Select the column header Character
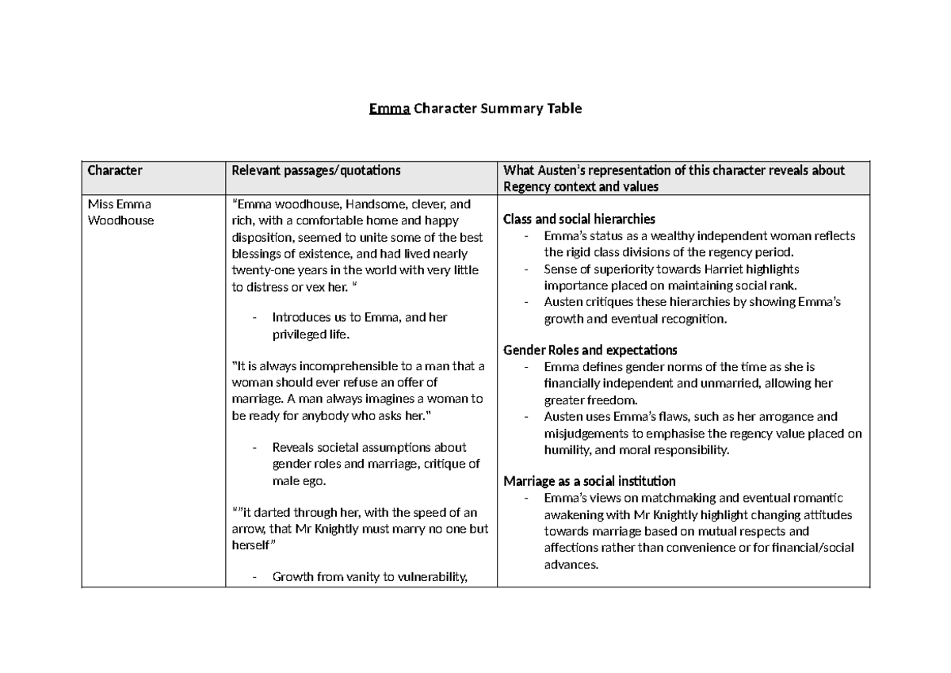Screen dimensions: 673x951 coord(115,170)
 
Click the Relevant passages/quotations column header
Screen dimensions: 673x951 coord(315,170)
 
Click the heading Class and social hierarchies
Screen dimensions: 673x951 coord(579,220)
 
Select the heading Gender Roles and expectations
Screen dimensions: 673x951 coord(590,350)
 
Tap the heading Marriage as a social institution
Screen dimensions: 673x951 coord(590,481)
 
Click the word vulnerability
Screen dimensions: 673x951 coord(426,577)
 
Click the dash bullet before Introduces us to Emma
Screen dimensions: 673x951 coord(254,318)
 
